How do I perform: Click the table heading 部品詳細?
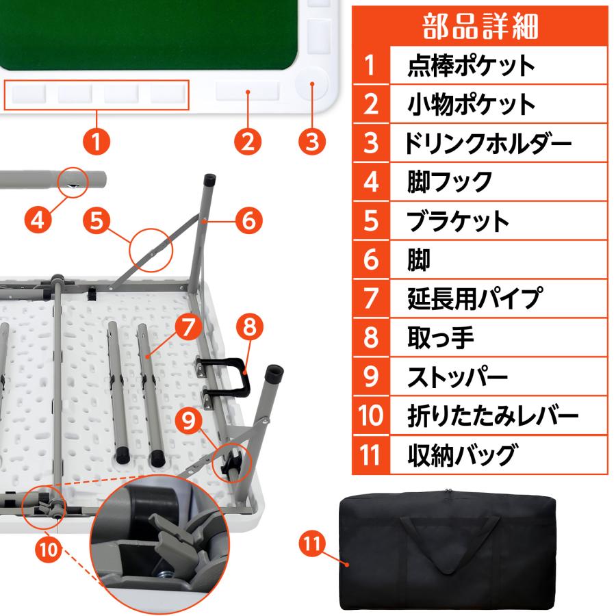point(480,25)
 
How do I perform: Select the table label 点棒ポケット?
point(471,66)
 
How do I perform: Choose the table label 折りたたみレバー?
point(492,415)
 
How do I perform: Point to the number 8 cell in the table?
point(370,337)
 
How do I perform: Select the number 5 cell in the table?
point(370,221)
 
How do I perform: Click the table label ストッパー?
point(457,376)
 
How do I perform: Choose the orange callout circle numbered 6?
point(248,220)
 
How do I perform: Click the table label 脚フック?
point(449,182)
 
